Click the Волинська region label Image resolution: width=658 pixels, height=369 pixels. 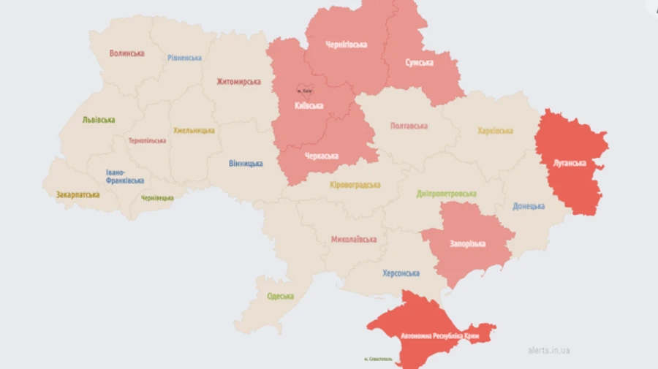click(126, 53)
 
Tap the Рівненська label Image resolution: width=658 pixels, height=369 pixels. click(184, 58)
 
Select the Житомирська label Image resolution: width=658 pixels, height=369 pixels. click(238, 82)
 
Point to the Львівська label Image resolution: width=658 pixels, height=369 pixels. click(99, 120)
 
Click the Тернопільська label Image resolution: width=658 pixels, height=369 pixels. click(147, 140)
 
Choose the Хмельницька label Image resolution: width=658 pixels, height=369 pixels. click(194, 130)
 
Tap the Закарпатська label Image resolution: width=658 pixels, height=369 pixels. click(77, 195)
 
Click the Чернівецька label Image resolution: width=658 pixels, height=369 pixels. click(157, 198)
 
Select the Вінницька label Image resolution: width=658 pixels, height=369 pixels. click(245, 163)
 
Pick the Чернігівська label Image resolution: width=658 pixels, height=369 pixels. click(346, 45)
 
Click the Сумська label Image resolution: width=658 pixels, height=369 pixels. click(419, 63)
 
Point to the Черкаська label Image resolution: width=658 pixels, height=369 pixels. click(322, 156)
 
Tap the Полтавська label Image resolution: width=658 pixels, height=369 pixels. click(409, 126)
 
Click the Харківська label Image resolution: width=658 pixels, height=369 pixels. click(495, 131)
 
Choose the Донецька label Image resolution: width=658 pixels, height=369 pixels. click(529, 206)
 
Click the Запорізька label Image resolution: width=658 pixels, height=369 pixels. click(467, 243)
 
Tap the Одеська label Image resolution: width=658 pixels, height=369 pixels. click(280, 296)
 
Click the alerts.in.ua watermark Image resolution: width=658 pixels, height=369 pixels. click(548, 350)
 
